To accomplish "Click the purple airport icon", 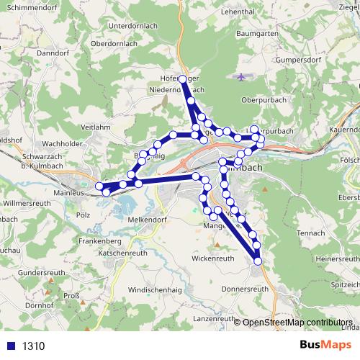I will [240, 76].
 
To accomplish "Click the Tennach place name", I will [310, 233].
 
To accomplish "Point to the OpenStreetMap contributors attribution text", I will [298, 323].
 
